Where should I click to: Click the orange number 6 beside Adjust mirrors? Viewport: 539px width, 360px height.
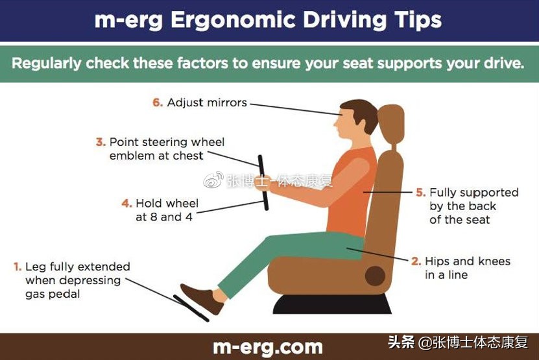pos(158,102)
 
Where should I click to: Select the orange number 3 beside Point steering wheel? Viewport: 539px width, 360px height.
pos(101,142)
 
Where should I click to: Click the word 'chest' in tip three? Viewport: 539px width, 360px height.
pos(188,156)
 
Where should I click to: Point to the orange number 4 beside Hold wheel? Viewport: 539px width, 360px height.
pos(126,203)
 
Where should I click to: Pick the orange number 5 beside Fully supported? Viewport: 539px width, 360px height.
pos(421,192)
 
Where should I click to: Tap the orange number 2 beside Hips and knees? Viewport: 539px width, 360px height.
pos(416,261)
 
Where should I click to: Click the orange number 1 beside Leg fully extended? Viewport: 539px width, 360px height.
pos(18,267)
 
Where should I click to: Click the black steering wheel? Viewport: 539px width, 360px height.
pos(263,182)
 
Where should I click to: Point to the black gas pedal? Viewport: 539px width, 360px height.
pos(191,308)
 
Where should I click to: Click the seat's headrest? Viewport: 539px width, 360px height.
pos(390,125)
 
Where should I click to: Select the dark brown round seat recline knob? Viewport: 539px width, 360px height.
pos(375,276)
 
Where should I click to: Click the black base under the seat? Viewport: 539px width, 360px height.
pos(332,304)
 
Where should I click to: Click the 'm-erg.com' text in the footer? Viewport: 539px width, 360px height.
pos(268,347)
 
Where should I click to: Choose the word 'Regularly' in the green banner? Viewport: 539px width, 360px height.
pos(47,64)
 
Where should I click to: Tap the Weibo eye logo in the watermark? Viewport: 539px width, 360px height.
pos(213,180)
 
